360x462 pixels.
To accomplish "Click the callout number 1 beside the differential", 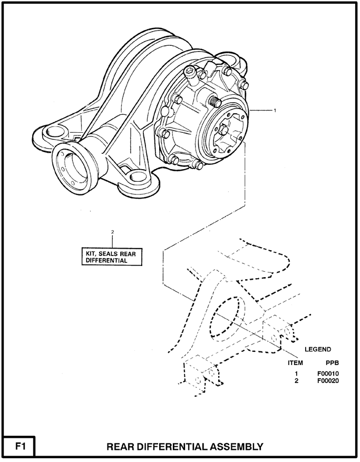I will pyautogui.click(x=275, y=111).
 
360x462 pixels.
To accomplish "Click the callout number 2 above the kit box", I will pyautogui.click(x=112, y=232).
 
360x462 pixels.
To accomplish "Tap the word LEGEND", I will pyautogui.click(x=318, y=349).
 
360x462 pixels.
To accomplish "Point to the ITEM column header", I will pyautogui.click(x=296, y=363).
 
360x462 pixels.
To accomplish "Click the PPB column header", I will pyautogui.click(x=332, y=363).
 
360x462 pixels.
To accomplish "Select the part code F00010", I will pyautogui.click(x=327, y=374).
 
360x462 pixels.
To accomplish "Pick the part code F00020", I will pyautogui.click(x=327, y=381).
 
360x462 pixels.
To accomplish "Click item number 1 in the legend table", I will pyautogui.click(x=297, y=374).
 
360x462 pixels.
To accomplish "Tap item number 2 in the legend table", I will pyautogui.click(x=297, y=381).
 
